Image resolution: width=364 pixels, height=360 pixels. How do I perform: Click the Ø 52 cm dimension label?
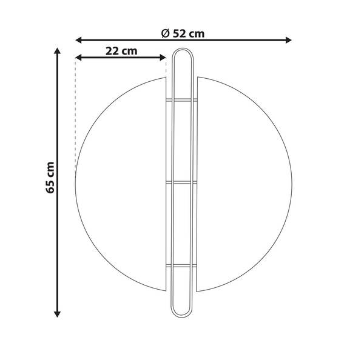[x=183, y=34]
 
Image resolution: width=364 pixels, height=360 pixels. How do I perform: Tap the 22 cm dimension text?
[x=121, y=52]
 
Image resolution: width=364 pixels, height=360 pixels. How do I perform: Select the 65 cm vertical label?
[x=50, y=178]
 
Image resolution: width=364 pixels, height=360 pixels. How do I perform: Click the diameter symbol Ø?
[x=165, y=34]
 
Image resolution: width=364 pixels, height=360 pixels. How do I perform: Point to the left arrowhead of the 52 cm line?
[x=79, y=40]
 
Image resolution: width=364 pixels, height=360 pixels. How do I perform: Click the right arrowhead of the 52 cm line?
[x=289, y=40]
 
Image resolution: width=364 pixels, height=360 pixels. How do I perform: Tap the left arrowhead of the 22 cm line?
[x=79, y=58]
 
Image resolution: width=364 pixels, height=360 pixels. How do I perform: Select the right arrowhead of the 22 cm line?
[x=163, y=58]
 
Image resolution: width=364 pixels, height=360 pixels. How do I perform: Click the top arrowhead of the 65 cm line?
[x=57, y=51]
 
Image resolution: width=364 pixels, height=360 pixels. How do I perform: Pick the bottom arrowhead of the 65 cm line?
[x=57, y=314]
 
